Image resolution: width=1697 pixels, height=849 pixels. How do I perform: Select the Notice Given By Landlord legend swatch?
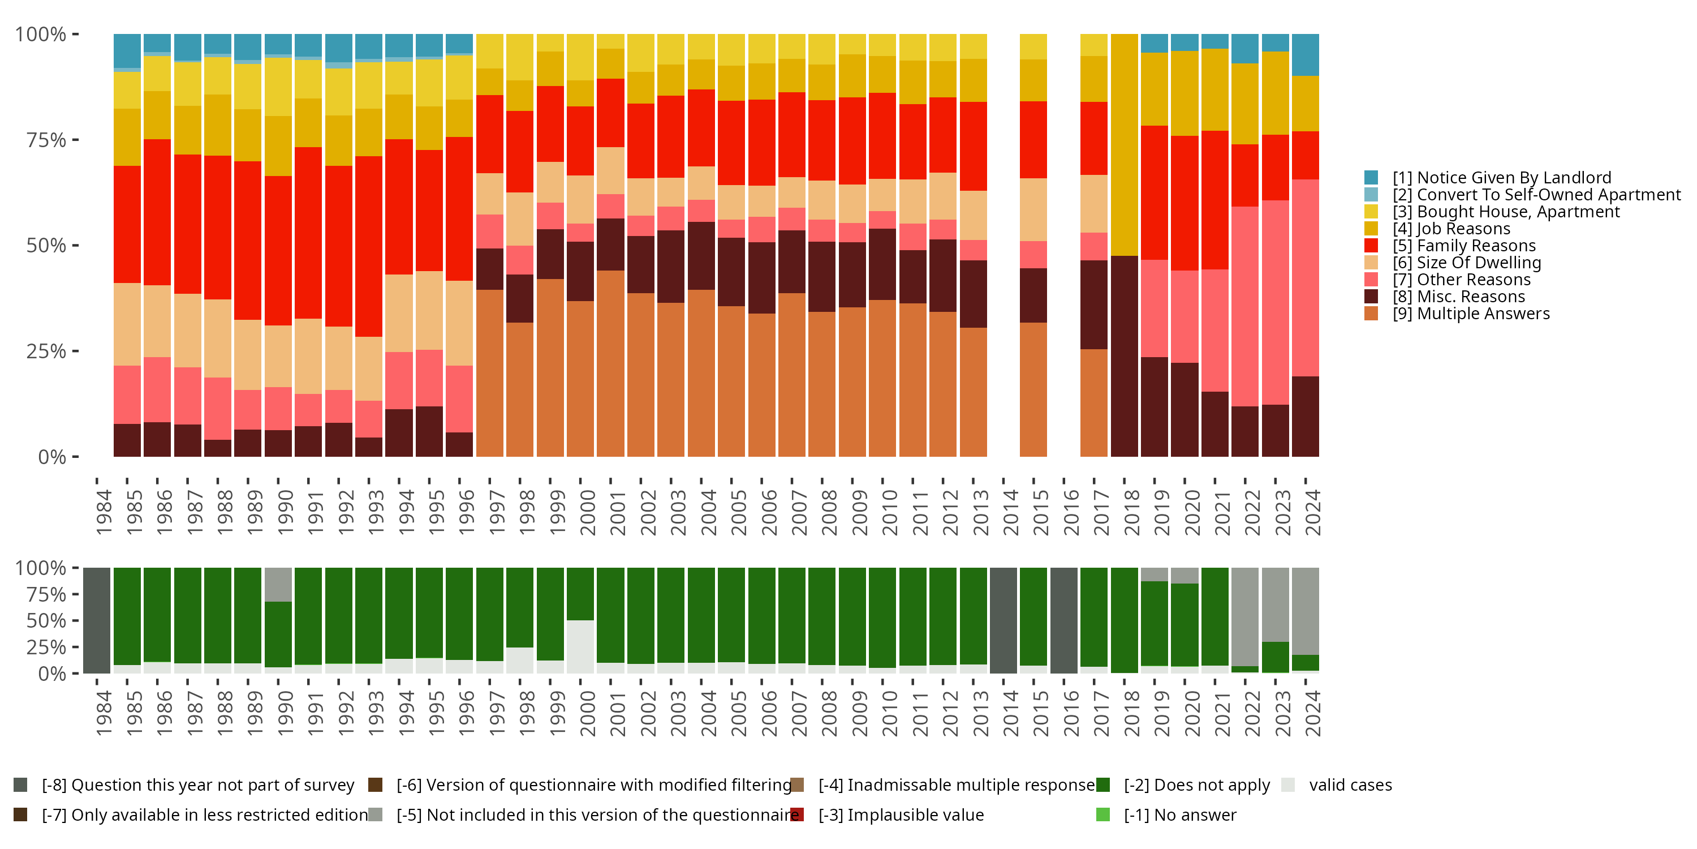(x=1371, y=177)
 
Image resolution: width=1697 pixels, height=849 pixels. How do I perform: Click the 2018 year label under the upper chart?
(x=1132, y=512)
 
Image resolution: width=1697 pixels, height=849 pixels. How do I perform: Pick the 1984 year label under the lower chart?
(x=104, y=713)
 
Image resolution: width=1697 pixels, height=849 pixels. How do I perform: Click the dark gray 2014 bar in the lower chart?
(x=1003, y=620)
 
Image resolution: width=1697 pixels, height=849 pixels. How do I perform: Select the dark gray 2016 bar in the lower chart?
(x=1064, y=620)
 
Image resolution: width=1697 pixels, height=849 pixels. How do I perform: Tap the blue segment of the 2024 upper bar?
(x=1305, y=55)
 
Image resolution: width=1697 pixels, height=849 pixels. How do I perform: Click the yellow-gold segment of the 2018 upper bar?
(x=1125, y=145)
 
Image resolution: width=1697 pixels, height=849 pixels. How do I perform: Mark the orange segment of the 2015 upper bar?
(x=1033, y=389)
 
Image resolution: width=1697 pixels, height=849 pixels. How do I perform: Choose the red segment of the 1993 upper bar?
(x=369, y=247)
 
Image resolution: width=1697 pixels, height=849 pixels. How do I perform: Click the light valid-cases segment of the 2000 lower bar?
(x=580, y=646)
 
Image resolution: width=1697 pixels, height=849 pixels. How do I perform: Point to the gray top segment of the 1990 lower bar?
(x=278, y=585)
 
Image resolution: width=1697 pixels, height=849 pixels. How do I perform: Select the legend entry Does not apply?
(x=1196, y=785)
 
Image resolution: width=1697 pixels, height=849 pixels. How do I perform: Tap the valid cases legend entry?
(x=1350, y=785)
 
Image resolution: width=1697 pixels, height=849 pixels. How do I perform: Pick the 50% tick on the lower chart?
(x=41, y=621)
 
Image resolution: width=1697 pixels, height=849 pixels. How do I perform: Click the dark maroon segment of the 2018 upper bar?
(x=1125, y=356)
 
